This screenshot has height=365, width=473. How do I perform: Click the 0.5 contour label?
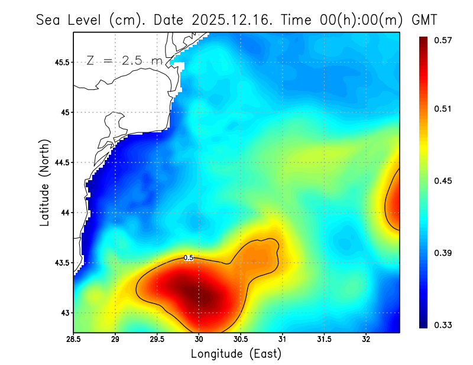pyautogui.click(x=189, y=258)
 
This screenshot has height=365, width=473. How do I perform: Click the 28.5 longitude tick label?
pyautogui.click(x=74, y=340)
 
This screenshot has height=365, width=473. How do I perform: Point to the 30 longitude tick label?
pyautogui.click(x=199, y=340)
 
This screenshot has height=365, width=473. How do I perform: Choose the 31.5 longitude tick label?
pyautogui.click(x=325, y=340)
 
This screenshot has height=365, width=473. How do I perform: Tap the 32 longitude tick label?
pyautogui.click(x=367, y=340)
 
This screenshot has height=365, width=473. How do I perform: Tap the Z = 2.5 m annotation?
pyautogui.click(x=124, y=60)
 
